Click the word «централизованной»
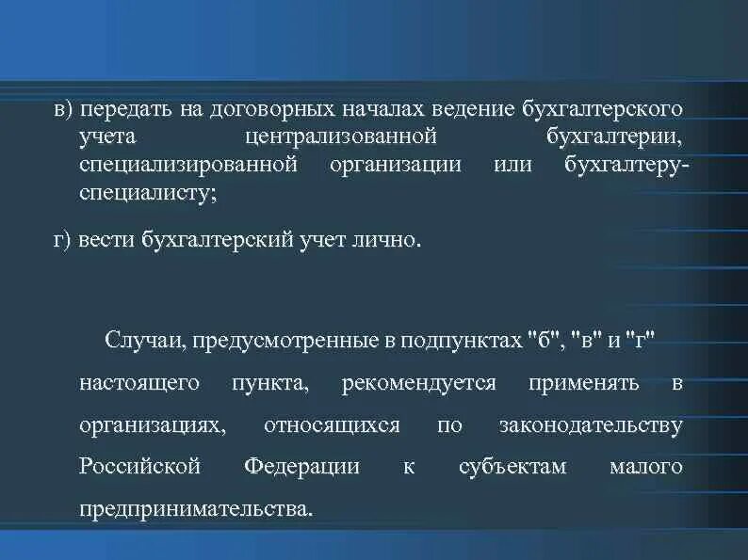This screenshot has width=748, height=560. pos(341,137)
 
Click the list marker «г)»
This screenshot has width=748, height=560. pos(62,241)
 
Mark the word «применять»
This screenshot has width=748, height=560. pos(596,383)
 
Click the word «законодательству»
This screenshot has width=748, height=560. pos(590,425)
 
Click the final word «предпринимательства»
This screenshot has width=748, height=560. pos(194,510)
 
